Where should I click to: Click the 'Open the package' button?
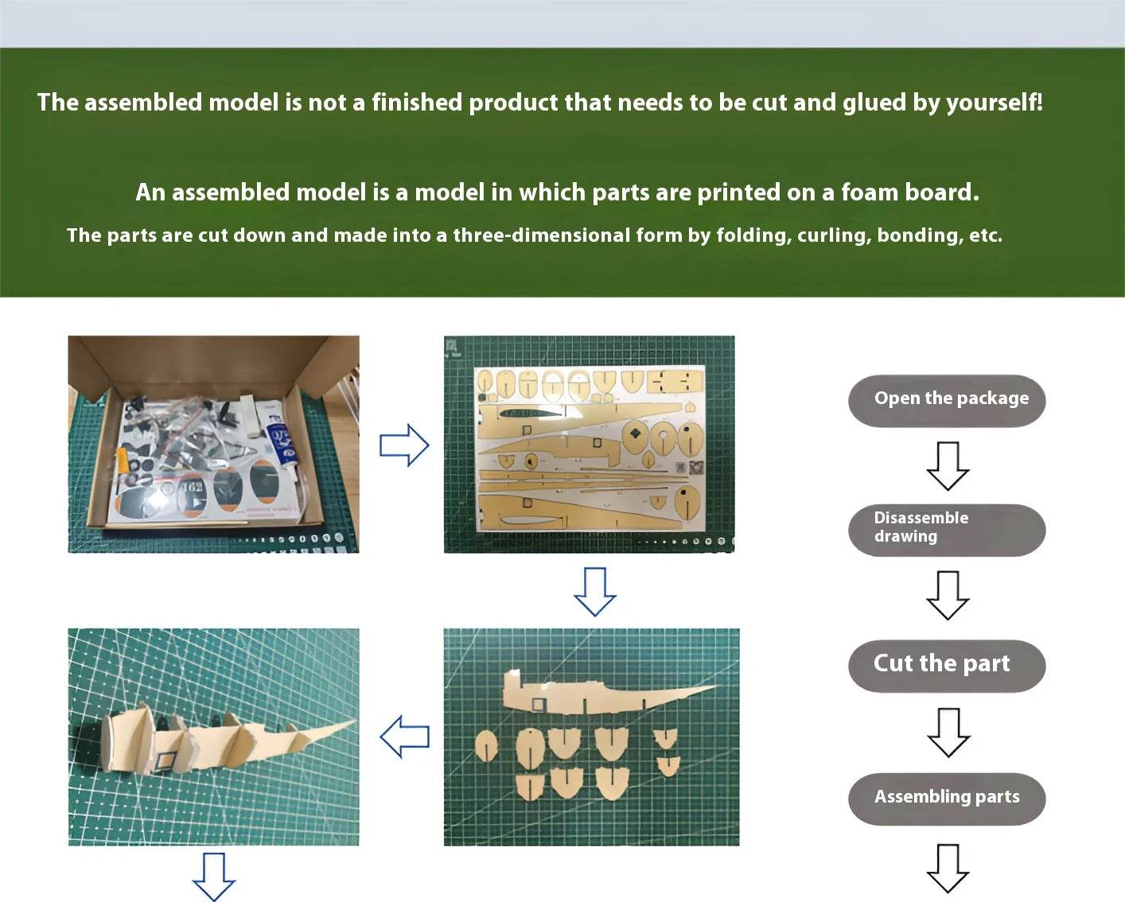947,400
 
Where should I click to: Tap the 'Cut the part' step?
947,665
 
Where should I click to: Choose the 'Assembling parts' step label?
947,798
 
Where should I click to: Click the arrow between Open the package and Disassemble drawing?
948,466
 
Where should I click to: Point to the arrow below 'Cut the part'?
948,733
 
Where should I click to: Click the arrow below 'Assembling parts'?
948,869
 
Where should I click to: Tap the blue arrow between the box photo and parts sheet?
404,445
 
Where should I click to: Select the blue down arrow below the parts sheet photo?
595,591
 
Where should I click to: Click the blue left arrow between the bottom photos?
405,737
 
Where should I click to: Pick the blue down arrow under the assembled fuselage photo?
213,877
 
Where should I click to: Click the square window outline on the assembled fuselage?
165,760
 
